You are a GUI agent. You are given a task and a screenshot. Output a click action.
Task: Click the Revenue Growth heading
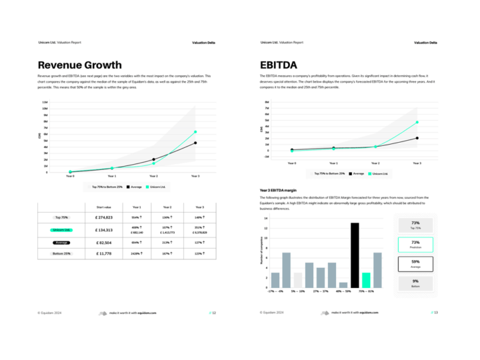coord(79,65)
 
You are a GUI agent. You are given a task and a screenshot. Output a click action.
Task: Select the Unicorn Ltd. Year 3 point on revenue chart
coord(195,132)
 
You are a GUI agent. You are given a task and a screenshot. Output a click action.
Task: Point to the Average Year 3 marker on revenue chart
coord(195,143)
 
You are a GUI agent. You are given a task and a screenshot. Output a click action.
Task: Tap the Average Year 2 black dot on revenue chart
coord(154,159)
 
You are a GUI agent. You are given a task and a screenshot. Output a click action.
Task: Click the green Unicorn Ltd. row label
coord(61,229)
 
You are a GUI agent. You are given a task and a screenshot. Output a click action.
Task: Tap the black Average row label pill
coord(61,242)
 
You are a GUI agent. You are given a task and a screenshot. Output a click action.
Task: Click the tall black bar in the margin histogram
coord(355,255)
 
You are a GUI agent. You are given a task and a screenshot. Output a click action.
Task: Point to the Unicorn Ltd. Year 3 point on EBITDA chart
coord(417,123)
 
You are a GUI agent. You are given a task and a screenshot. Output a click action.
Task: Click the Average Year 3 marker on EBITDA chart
coord(417,138)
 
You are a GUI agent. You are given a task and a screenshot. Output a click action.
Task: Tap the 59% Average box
coord(415,263)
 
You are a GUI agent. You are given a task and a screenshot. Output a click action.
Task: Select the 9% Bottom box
coord(415,283)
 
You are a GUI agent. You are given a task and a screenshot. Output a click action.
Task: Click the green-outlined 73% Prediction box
coord(415,244)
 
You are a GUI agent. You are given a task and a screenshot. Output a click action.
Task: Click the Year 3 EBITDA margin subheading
coord(282,190)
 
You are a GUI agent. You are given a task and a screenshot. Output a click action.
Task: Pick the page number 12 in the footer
coord(214,312)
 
